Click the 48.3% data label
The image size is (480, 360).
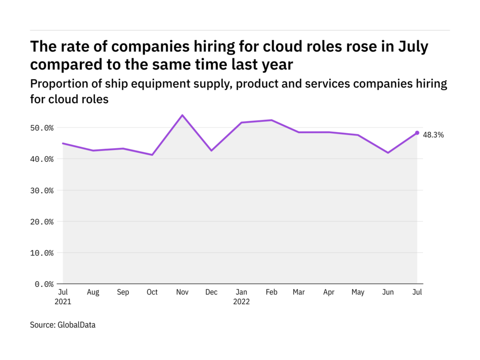coord(434,135)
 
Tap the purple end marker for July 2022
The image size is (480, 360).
coord(417,133)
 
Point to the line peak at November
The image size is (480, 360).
coord(182,115)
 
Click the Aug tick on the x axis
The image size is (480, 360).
coord(93,292)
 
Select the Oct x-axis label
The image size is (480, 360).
coord(152,292)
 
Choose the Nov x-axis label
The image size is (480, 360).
coord(182,292)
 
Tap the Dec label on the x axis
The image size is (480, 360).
coord(211,292)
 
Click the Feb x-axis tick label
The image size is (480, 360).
coord(271,292)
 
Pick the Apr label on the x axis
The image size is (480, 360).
coord(329,292)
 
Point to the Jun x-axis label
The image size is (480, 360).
coord(388,292)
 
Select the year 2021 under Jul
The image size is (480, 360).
coord(63,302)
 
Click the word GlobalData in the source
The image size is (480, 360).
coord(76,324)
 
